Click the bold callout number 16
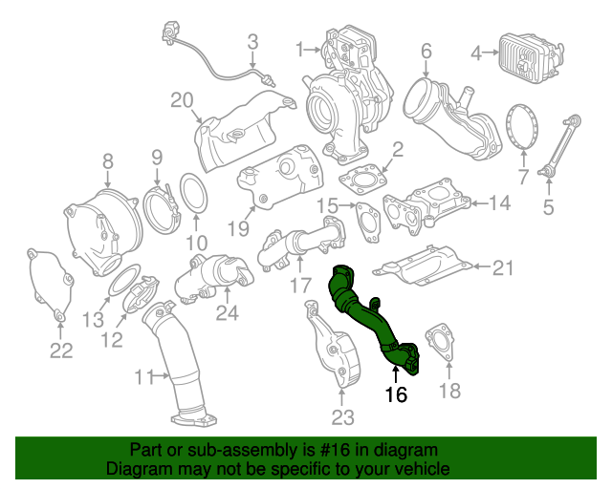point(396,394)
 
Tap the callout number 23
point(342,416)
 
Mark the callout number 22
point(61,351)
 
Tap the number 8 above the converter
point(107,161)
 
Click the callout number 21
point(503,267)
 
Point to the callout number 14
point(501,202)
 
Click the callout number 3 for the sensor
point(253,41)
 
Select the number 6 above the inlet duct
point(426,50)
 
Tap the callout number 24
point(227,311)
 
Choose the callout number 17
point(300,285)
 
